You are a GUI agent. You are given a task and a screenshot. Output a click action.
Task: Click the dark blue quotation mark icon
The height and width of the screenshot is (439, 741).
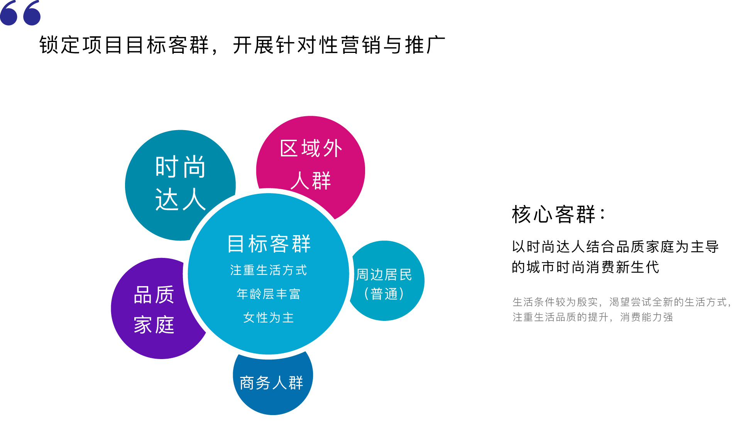tap(20, 13)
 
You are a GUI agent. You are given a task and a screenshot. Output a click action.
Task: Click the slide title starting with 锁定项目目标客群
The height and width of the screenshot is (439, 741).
tap(242, 45)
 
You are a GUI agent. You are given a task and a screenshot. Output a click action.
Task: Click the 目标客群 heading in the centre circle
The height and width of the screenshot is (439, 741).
tap(269, 244)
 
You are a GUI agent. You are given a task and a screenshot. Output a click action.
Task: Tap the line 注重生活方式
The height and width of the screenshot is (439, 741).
tap(269, 270)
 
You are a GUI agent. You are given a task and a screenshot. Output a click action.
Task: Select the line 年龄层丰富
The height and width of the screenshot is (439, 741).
tap(269, 294)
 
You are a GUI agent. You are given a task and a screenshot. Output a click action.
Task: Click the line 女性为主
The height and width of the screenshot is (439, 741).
tap(269, 317)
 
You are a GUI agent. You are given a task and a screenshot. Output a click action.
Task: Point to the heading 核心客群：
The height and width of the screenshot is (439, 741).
tap(558, 214)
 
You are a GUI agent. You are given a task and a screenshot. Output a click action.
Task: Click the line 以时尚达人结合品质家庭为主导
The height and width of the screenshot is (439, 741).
tap(615, 246)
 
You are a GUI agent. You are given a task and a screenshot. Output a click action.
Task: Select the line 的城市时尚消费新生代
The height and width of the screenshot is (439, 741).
tap(585, 267)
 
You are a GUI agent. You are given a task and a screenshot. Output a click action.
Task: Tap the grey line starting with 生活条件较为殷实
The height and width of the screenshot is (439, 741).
tap(621, 302)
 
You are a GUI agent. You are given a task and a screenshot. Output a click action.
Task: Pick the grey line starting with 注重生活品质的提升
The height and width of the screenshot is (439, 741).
tap(592, 317)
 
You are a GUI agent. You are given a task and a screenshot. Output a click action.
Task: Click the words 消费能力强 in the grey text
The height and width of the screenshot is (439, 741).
tap(646, 317)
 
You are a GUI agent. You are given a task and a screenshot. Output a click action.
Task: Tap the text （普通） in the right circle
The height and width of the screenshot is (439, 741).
tap(384, 294)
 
